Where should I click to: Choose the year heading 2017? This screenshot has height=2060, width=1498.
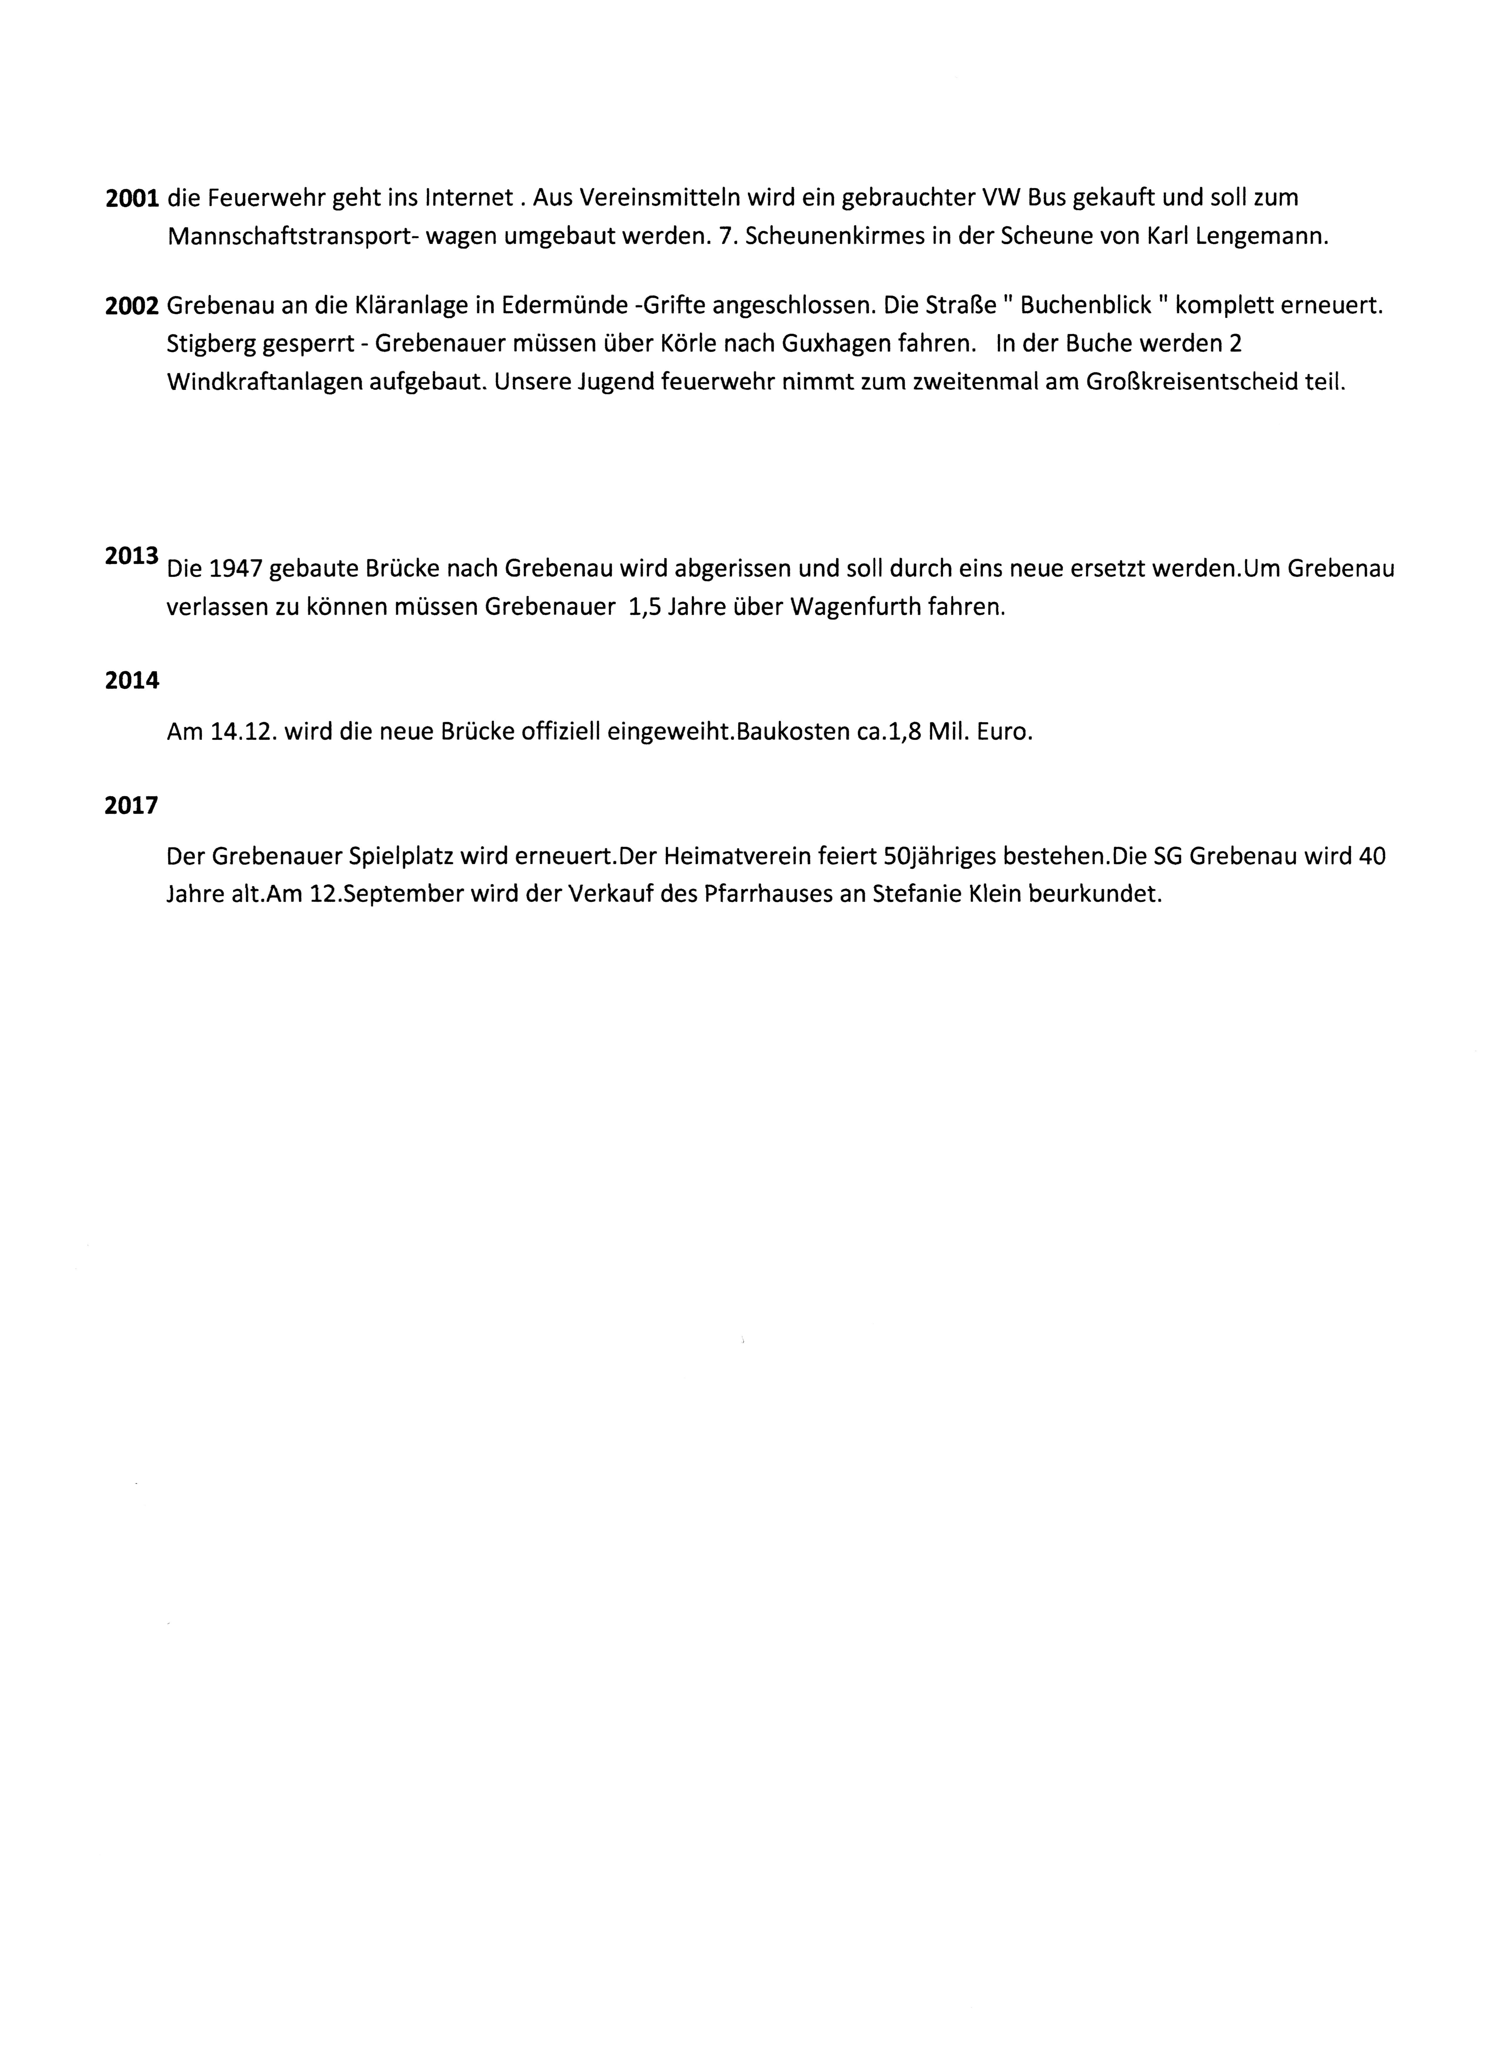click(132, 806)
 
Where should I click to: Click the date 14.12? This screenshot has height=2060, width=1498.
click(243, 732)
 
